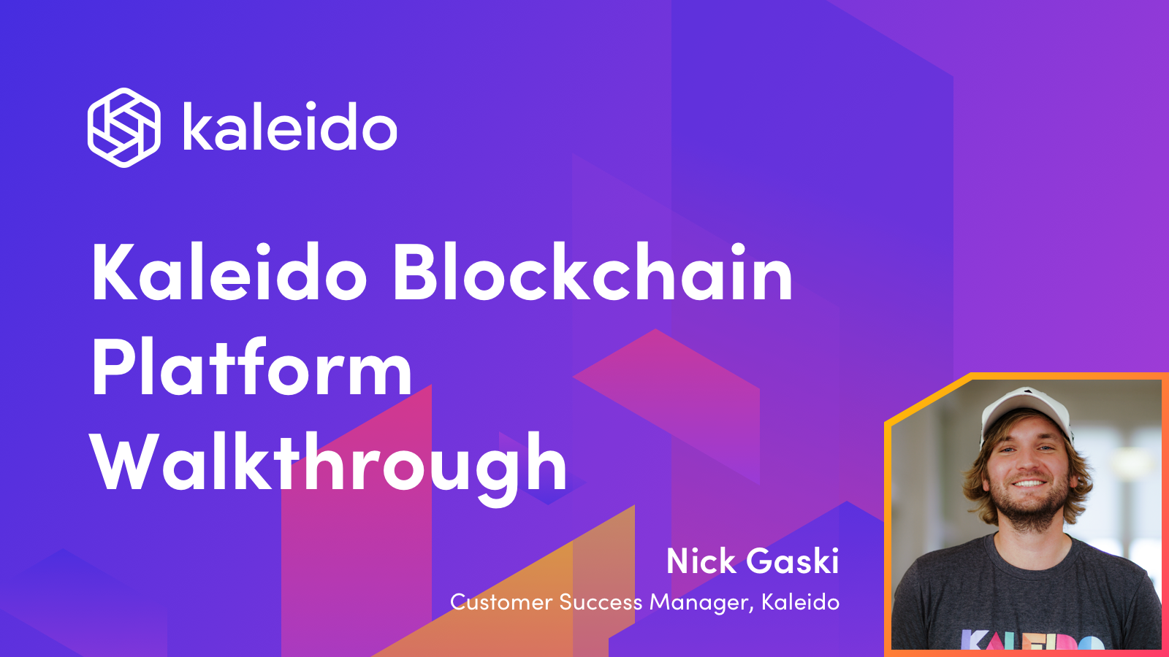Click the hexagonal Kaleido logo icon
click(x=123, y=128)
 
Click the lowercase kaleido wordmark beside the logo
click(x=289, y=128)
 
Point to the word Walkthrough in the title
click(x=329, y=464)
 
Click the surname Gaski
click(x=793, y=561)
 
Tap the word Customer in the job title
click(x=501, y=602)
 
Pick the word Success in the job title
click(x=601, y=602)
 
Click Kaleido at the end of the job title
click(x=800, y=602)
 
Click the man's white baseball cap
click(x=1023, y=410)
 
